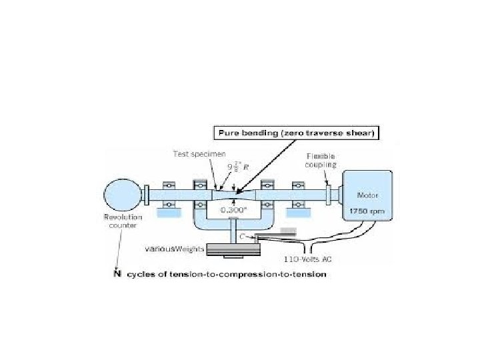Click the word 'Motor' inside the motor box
click(367, 196)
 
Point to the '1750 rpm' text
click(367, 211)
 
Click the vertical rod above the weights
click(233, 230)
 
